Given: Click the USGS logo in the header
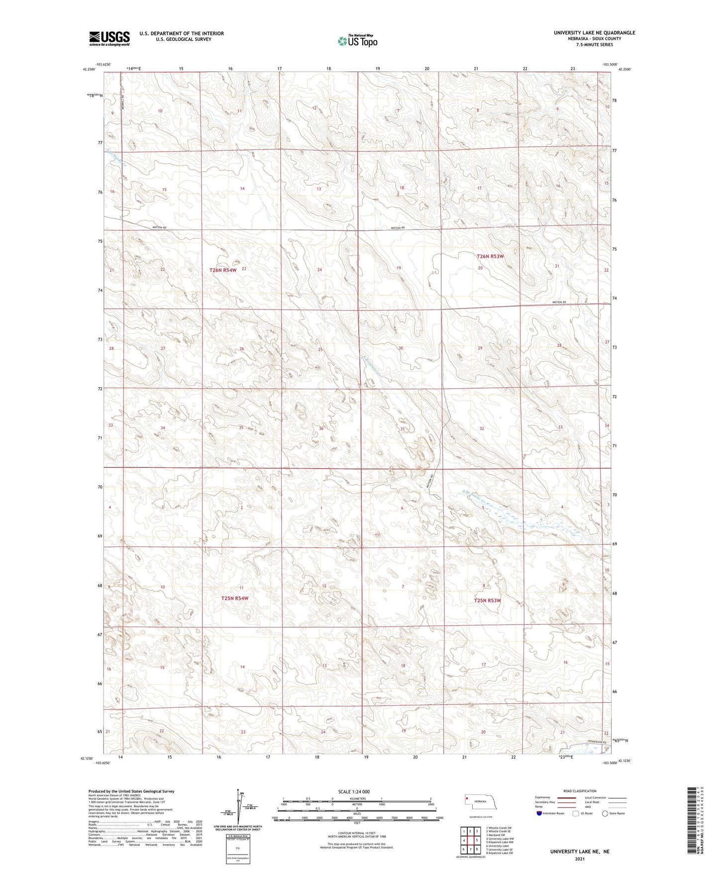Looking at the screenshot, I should (x=109, y=38).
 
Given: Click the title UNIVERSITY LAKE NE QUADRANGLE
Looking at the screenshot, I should (x=594, y=33).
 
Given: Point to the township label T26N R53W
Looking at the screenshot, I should (x=490, y=256).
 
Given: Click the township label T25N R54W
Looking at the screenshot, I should (x=234, y=598).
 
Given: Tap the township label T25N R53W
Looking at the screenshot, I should (x=488, y=601).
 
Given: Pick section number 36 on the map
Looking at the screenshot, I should (x=321, y=429).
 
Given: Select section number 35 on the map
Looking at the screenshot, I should (x=241, y=428).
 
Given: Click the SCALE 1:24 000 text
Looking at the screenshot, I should (x=354, y=791).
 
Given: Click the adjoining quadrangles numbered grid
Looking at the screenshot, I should (x=470, y=841).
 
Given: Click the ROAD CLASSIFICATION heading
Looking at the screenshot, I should (x=580, y=791).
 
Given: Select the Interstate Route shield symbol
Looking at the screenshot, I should (x=539, y=813).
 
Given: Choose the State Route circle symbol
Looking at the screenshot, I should (x=605, y=813).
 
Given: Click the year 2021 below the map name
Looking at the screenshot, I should (x=579, y=859).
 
